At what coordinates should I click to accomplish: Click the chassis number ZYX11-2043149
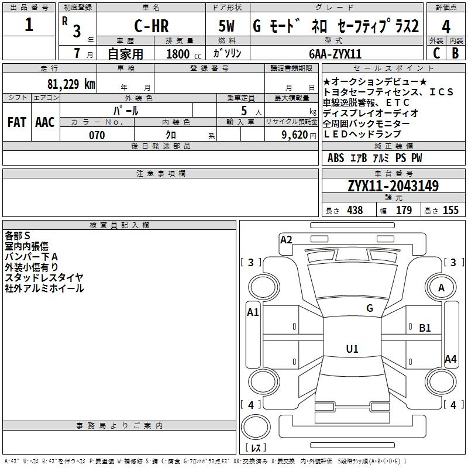coord(393,186)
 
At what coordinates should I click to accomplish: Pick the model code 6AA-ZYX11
coord(336,53)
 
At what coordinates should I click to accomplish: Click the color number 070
coord(97,135)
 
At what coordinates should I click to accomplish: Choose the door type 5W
coord(227,26)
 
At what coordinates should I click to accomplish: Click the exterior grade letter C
coord(436,53)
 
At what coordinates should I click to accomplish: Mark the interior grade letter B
coord(456,53)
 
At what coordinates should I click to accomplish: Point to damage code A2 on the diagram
coord(286,239)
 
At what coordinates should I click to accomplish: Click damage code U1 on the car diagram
coord(352,349)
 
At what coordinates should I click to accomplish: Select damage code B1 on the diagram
coord(425,328)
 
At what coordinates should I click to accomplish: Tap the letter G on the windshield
coord(369,308)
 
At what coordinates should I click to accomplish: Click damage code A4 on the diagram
coord(450,359)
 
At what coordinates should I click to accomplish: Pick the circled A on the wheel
coord(442,288)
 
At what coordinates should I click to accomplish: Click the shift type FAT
coord(17,122)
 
